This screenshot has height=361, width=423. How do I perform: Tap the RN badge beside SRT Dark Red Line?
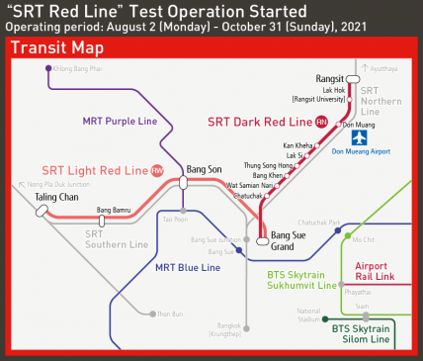pyautogui.click(x=321, y=122)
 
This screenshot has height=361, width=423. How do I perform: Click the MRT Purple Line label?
pyautogui.click(x=119, y=121)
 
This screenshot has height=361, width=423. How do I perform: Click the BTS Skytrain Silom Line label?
pyautogui.click(x=362, y=333)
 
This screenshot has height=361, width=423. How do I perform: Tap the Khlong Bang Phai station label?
pyautogui.click(x=79, y=68)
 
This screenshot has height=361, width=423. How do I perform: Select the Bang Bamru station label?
pyautogui.click(x=113, y=210)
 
